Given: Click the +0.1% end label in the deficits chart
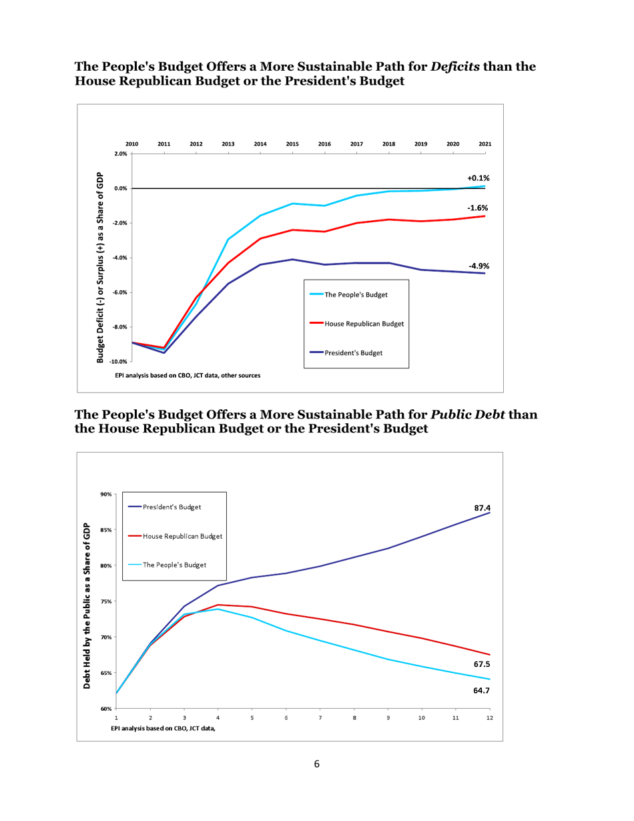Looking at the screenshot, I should click(x=479, y=178).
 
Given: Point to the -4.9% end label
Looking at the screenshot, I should click(x=478, y=266).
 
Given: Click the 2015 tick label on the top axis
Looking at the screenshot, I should click(x=292, y=144).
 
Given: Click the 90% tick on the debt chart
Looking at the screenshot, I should click(x=106, y=495).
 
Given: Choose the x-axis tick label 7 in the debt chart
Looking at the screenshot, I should click(x=320, y=718).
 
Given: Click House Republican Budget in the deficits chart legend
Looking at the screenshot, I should click(x=364, y=323).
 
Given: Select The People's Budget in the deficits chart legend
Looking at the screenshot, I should click(x=356, y=294).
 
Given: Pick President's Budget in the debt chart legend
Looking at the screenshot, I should click(x=172, y=507).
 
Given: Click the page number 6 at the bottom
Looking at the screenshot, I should click(x=317, y=764).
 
